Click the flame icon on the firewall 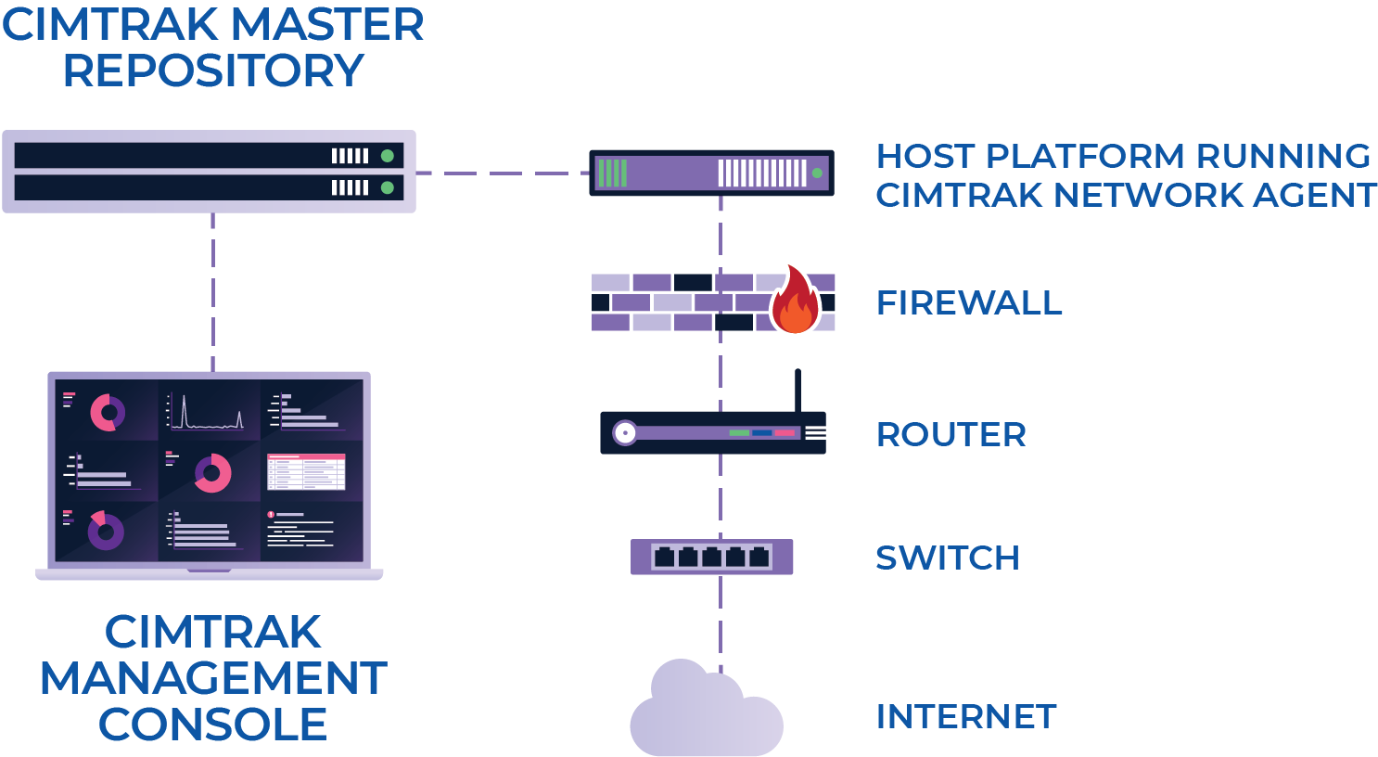tap(795, 302)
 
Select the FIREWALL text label tap(969, 303)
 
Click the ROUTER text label tap(951, 435)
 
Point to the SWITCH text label tap(947, 558)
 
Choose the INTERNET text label tap(965, 717)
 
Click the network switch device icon tap(711, 557)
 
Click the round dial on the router tap(625, 433)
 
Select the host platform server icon tap(711, 173)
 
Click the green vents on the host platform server tap(612, 173)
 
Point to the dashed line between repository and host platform tap(502, 173)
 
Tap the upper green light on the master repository tap(388, 156)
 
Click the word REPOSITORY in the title tap(213, 71)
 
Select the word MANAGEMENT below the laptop tap(213, 678)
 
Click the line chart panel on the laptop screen tap(209, 411)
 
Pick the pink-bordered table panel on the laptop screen tap(306, 472)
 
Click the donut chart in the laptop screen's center tap(212, 473)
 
